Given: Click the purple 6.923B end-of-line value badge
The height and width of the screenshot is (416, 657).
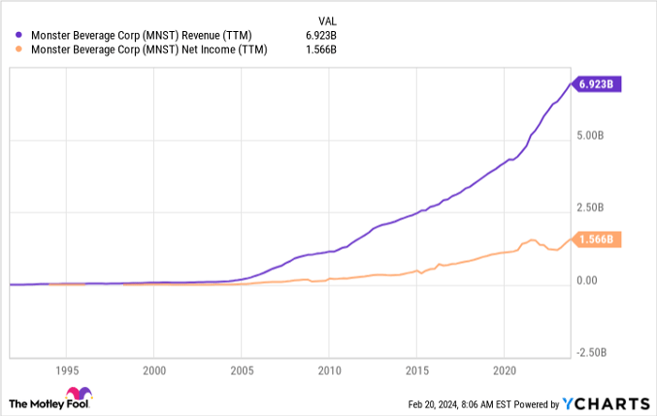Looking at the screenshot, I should point(595,84).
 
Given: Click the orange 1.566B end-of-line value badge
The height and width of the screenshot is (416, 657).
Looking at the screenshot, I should point(595,239).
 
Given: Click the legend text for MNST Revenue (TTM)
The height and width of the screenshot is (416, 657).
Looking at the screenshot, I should point(142,34).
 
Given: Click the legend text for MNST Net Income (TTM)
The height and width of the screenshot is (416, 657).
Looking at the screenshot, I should point(148,50).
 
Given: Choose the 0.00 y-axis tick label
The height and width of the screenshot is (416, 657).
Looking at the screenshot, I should point(588,280).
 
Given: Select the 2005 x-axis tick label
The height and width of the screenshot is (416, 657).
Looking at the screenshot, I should point(242,371).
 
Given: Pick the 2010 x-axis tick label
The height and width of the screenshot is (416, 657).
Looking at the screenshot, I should point(329,371).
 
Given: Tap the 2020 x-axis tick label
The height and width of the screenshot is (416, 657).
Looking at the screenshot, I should point(505,371).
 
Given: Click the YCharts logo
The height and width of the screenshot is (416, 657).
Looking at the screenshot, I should point(605,403).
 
